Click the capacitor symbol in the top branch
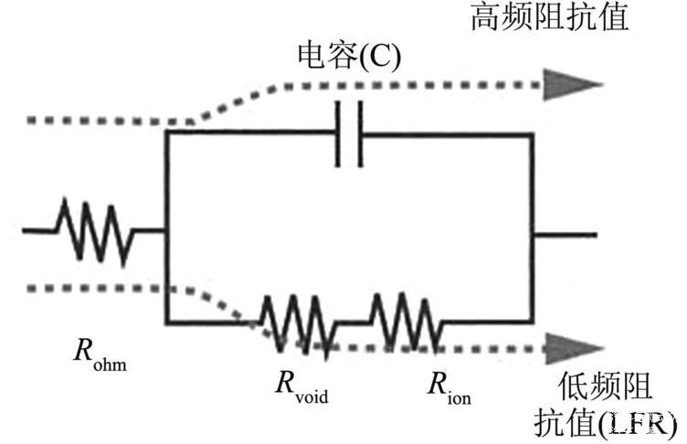pyautogui.click(x=349, y=134)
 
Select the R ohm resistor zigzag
pyautogui.click(x=94, y=232)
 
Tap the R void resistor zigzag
pyautogui.click(x=300, y=325)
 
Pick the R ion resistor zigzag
pyautogui.click(x=407, y=323)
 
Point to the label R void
pyautogui.click(x=301, y=386)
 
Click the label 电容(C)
pyautogui.click(x=349, y=57)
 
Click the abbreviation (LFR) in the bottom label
pyautogui.click(x=638, y=424)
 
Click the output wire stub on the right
pyautogui.click(x=565, y=236)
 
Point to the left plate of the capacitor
pyautogui.click(x=338, y=134)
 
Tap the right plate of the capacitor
pyautogui.click(x=360, y=134)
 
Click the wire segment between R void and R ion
pyautogui.click(x=354, y=322)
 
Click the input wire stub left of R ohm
pyautogui.click(x=39, y=230)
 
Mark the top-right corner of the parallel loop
pyautogui.click(x=533, y=135)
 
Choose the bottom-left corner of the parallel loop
pyautogui.click(x=167, y=322)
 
